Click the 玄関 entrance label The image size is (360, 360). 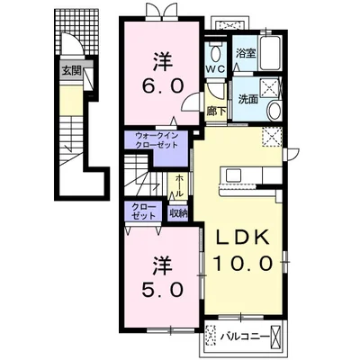pyautogui.click(x=72, y=71)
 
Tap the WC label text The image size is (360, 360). pyautogui.click(x=215, y=69)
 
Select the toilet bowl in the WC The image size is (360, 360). pyautogui.click(x=215, y=53)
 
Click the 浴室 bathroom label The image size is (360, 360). pyautogui.click(x=246, y=54)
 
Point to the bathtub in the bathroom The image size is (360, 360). pyautogui.click(x=270, y=53)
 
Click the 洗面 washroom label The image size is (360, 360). pyautogui.click(x=248, y=99)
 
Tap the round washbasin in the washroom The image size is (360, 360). pyautogui.click(x=274, y=111)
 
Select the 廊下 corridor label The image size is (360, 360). pyautogui.click(x=216, y=112)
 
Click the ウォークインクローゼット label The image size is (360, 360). pyautogui.click(x=157, y=140)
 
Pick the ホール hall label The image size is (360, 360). pyautogui.click(x=179, y=185)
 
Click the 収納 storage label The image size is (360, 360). pyautogui.click(x=178, y=213)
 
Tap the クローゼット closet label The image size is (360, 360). pyautogui.click(x=144, y=211)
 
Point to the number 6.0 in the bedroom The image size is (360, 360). pyautogui.click(x=163, y=87)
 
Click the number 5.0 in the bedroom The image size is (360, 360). pyautogui.click(x=162, y=290)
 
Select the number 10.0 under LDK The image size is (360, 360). pyautogui.click(x=243, y=264)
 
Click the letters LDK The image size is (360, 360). pyautogui.click(x=242, y=238)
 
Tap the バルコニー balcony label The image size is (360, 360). pyautogui.click(x=245, y=337)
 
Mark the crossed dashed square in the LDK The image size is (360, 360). pyautogui.click(x=272, y=137)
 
